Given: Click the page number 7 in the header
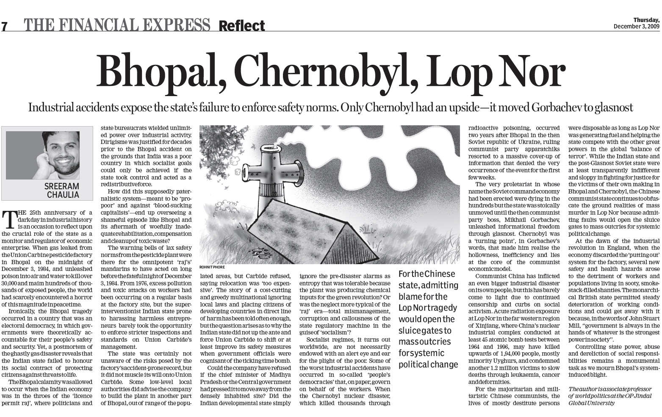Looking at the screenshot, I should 4,26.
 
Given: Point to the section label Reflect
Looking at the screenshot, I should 241,26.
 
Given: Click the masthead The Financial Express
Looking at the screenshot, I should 117,25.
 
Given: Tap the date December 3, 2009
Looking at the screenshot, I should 637,26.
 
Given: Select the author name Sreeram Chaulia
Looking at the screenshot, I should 62,190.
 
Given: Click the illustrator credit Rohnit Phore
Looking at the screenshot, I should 212,268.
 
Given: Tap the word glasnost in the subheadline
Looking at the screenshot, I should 608,107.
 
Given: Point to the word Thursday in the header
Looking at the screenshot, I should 646,20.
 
